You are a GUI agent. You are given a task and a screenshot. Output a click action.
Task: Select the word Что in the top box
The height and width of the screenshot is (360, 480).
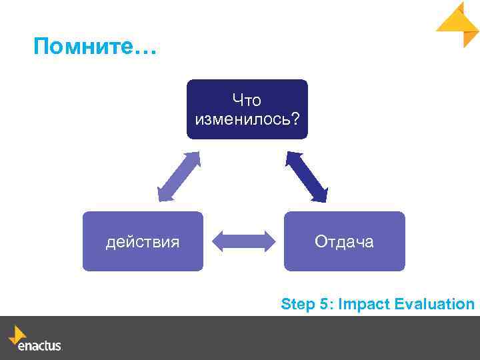(247, 101)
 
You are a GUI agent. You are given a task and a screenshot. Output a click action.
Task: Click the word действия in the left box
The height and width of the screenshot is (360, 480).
(143, 242)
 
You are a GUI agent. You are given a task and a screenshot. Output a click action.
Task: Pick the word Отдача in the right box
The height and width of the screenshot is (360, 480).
(344, 242)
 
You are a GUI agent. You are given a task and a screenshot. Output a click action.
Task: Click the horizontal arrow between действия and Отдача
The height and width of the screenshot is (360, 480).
(243, 241)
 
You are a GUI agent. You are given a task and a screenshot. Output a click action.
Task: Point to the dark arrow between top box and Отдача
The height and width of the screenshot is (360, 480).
(307, 177)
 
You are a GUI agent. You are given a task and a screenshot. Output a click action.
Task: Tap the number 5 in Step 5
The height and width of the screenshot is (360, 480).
(324, 305)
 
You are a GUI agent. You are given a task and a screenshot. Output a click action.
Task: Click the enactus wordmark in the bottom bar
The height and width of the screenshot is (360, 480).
(39, 346)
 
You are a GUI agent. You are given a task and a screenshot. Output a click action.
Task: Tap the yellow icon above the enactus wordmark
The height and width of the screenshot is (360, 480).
(17, 333)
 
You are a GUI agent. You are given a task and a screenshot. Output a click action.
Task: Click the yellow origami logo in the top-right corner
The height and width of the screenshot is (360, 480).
(459, 24)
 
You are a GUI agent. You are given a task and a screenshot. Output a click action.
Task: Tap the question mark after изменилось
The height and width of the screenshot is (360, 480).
(295, 119)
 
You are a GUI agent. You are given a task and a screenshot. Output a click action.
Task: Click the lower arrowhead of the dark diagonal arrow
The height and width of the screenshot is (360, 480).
(321, 195)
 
